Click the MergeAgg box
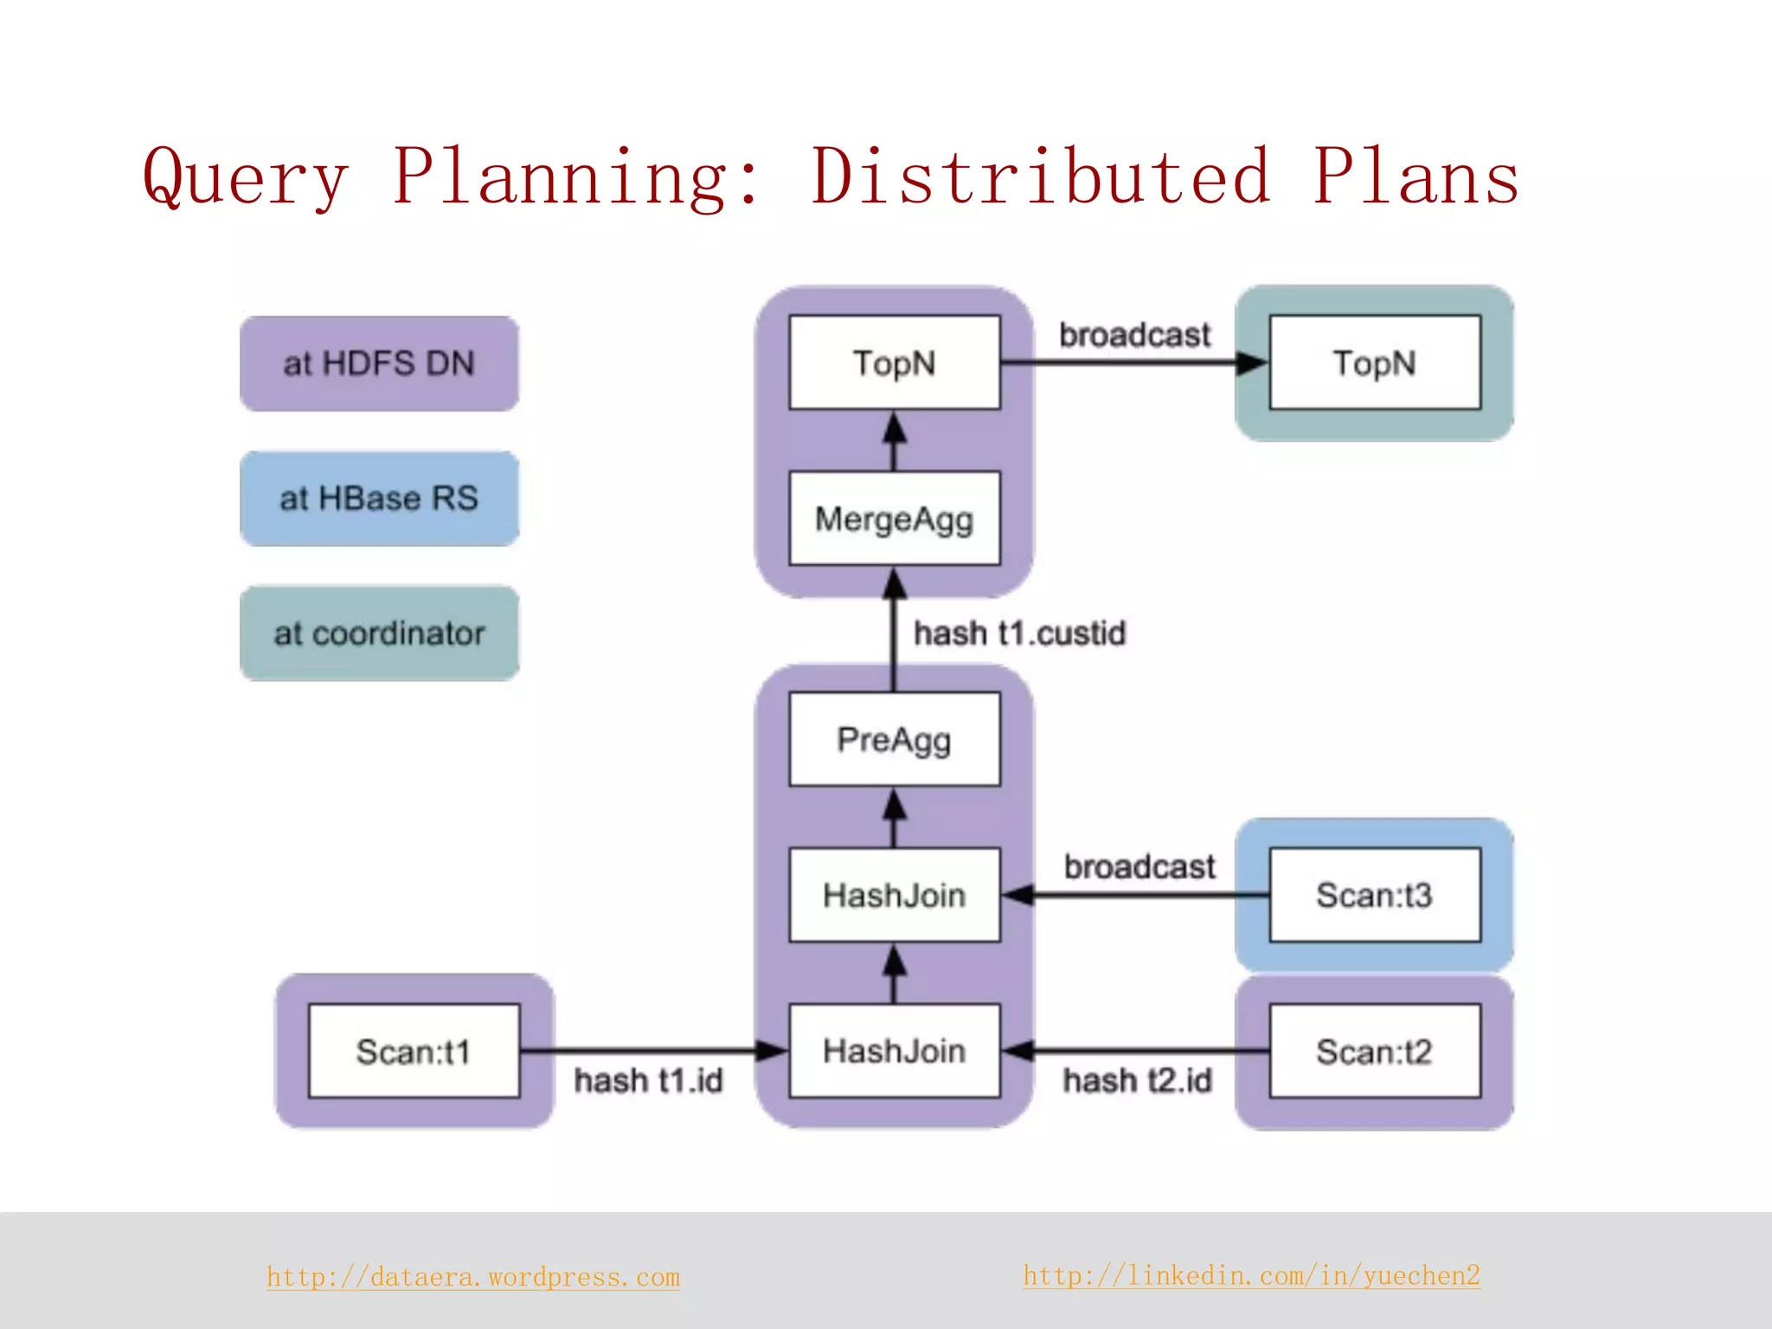pos(895,518)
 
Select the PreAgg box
pos(895,740)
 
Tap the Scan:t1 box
pos(414,1051)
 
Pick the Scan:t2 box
pos(1374,1051)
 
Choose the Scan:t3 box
pos(1374,895)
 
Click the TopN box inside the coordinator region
pos(1374,363)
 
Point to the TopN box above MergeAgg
pos(895,363)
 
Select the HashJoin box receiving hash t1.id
pos(895,1051)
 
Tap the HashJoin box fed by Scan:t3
pos(895,895)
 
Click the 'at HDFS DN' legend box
pos(379,363)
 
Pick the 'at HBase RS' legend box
pos(379,498)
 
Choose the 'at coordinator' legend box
pos(379,633)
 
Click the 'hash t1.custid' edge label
pos(1019,633)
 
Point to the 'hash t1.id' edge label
pos(648,1081)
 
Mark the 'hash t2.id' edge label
pos(1137,1081)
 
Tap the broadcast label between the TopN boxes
pos(1134,335)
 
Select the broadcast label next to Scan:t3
pos(1139,866)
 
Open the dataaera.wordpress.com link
pos(473,1277)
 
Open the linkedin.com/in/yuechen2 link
pos(1251,1275)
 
